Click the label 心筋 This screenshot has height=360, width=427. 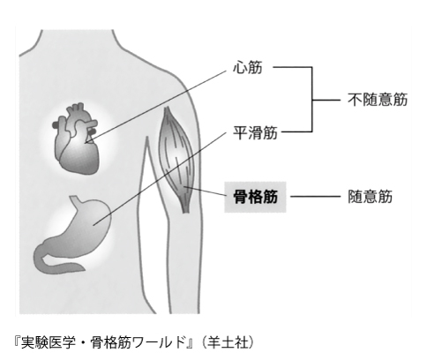click(x=247, y=68)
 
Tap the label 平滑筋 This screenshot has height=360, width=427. click(x=255, y=132)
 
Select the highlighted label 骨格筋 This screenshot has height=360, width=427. click(x=255, y=197)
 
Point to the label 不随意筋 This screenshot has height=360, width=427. click(x=378, y=100)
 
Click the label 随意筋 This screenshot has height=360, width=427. click(x=371, y=197)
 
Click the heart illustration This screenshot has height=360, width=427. click(x=76, y=139)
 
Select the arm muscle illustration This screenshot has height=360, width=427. click(x=176, y=159)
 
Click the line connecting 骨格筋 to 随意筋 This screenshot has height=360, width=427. click(x=315, y=197)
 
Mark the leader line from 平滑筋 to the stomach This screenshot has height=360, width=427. click(x=160, y=179)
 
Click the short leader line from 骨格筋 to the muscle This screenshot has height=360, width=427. click(x=205, y=191)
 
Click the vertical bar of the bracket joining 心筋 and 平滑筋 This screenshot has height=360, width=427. click(x=311, y=100)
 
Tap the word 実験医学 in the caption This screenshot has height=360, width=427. click(x=44, y=343)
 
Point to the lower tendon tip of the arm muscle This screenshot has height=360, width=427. click(x=185, y=212)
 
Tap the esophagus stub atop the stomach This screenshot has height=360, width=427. click(x=75, y=200)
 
